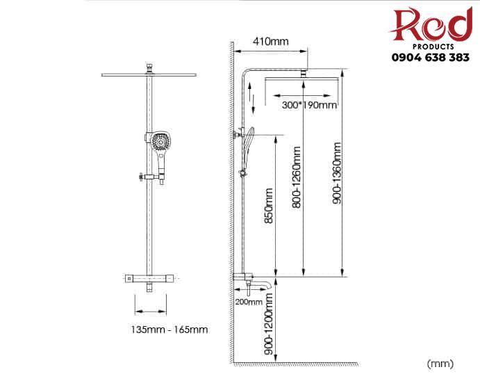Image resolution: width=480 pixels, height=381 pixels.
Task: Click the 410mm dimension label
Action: (271, 41)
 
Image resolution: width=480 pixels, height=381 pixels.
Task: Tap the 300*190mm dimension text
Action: (309, 105)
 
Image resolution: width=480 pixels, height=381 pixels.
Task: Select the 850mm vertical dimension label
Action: (268, 206)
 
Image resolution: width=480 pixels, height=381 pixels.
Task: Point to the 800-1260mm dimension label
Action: (297, 177)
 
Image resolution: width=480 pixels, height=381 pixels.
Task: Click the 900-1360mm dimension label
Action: (337, 173)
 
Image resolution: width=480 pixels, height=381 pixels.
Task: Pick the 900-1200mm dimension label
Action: (268, 324)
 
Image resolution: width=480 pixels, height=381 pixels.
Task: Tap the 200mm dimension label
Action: (249, 302)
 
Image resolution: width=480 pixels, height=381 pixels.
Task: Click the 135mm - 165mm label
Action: (169, 330)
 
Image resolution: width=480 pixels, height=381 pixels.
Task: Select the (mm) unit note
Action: (440, 364)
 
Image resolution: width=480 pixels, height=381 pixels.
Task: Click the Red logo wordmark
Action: (431, 24)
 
